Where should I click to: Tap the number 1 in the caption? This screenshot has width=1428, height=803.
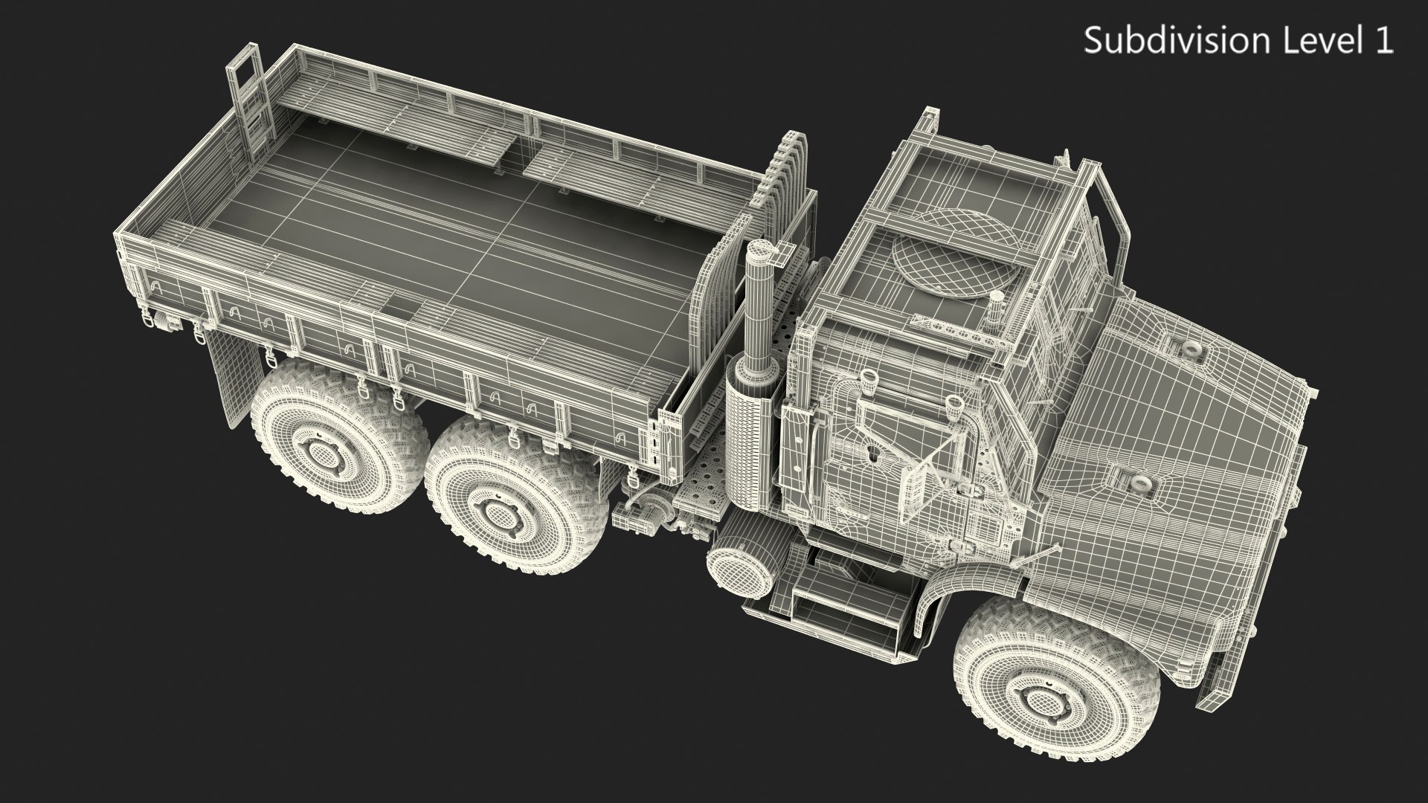click(1384, 41)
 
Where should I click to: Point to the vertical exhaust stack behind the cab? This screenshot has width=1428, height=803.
click(761, 312)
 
